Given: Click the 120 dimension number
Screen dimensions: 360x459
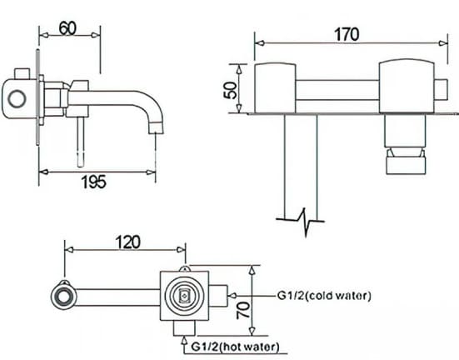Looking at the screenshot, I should click(127, 242).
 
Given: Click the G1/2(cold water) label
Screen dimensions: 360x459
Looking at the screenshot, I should click(325, 296).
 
